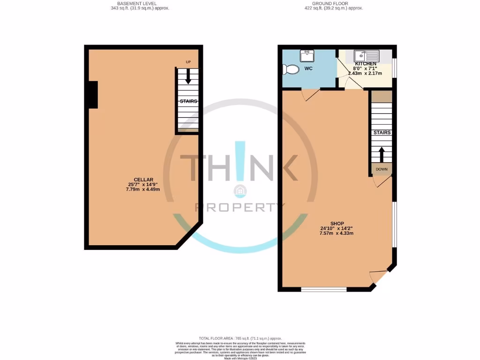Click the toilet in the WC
(292, 69)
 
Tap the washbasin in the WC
(307, 56)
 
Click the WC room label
(308, 69)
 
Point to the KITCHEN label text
(365, 64)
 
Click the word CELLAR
(143, 180)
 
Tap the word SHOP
(337, 224)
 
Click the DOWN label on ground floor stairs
(382, 169)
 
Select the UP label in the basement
(188, 62)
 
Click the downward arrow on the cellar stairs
(188, 76)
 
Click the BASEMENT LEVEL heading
(136, 3)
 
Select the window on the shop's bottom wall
(323, 289)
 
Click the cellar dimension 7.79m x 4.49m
(143, 189)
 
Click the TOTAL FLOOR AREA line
(240, 338)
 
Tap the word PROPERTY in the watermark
(240, 207)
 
